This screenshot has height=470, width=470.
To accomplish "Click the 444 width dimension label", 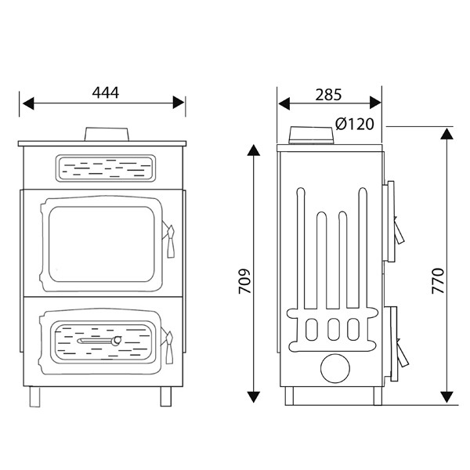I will tap(104, 92).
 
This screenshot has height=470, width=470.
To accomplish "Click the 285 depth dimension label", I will tap(328, 95).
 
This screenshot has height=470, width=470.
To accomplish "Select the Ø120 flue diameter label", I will tap(353, 124).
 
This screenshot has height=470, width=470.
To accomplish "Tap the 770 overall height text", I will tap(437, 280).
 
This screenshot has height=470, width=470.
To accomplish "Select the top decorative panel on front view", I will tap(104, 166).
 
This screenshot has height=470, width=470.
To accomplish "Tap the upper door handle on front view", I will tap(167, 238).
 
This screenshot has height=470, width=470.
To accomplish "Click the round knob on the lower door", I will tap(115, 341).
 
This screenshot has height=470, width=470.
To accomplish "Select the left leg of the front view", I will tap(34, 396).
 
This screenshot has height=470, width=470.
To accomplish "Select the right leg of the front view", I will tap(165, 396).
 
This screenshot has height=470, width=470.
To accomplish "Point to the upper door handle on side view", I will tap(400, 230).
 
